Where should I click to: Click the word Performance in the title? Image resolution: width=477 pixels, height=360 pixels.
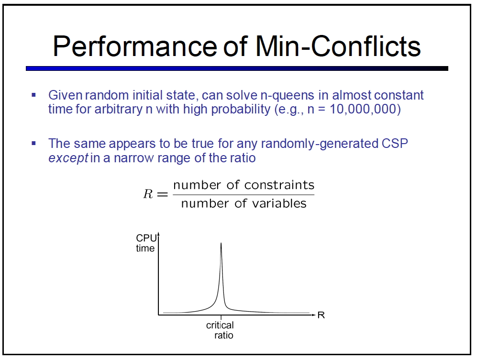(x=135, y=46)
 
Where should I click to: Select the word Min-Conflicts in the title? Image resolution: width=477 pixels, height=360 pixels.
(x=338, y=46)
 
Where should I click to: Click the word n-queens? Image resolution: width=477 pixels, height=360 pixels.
(x=287, y=96)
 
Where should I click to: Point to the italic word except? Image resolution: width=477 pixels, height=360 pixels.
(x=68, y=158)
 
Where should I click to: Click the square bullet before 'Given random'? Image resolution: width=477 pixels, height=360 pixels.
(x=34, y=95)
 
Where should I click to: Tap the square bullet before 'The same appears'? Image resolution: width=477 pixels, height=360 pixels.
(x=34, y=143)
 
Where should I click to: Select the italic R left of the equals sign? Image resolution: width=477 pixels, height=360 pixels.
(x=148, y=194)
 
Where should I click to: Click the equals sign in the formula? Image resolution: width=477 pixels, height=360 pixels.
(x=162, y=194)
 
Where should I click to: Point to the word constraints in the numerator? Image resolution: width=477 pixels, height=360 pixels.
(x=279, y=185)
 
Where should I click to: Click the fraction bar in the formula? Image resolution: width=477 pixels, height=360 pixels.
(x=244, y=194)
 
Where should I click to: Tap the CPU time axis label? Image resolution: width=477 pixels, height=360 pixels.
(x=146, y=243)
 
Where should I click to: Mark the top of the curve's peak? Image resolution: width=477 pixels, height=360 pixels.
(x=221, y=243)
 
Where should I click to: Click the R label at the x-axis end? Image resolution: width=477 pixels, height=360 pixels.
(x=321, y=315)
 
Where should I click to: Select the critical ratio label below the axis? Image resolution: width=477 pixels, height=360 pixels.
(x=220, y=330)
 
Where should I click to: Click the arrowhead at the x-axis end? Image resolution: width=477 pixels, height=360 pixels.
(x=313, y=315)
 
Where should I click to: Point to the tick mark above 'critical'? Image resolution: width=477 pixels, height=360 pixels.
(x=221, y=317)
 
